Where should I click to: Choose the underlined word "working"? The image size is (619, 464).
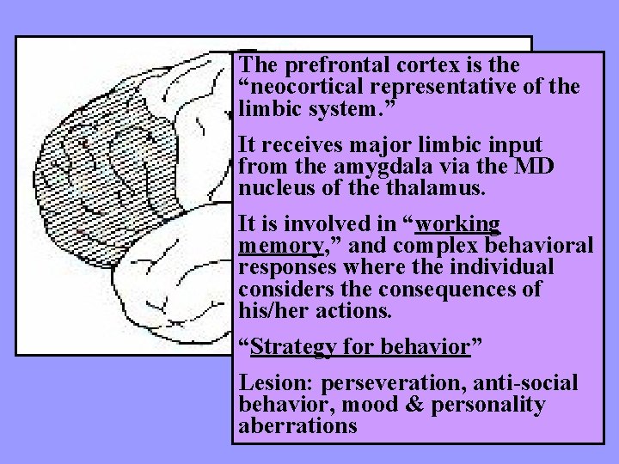pos(458,224)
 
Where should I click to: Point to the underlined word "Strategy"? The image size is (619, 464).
pos(294,347)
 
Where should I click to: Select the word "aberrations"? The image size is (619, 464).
pos(298,426)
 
